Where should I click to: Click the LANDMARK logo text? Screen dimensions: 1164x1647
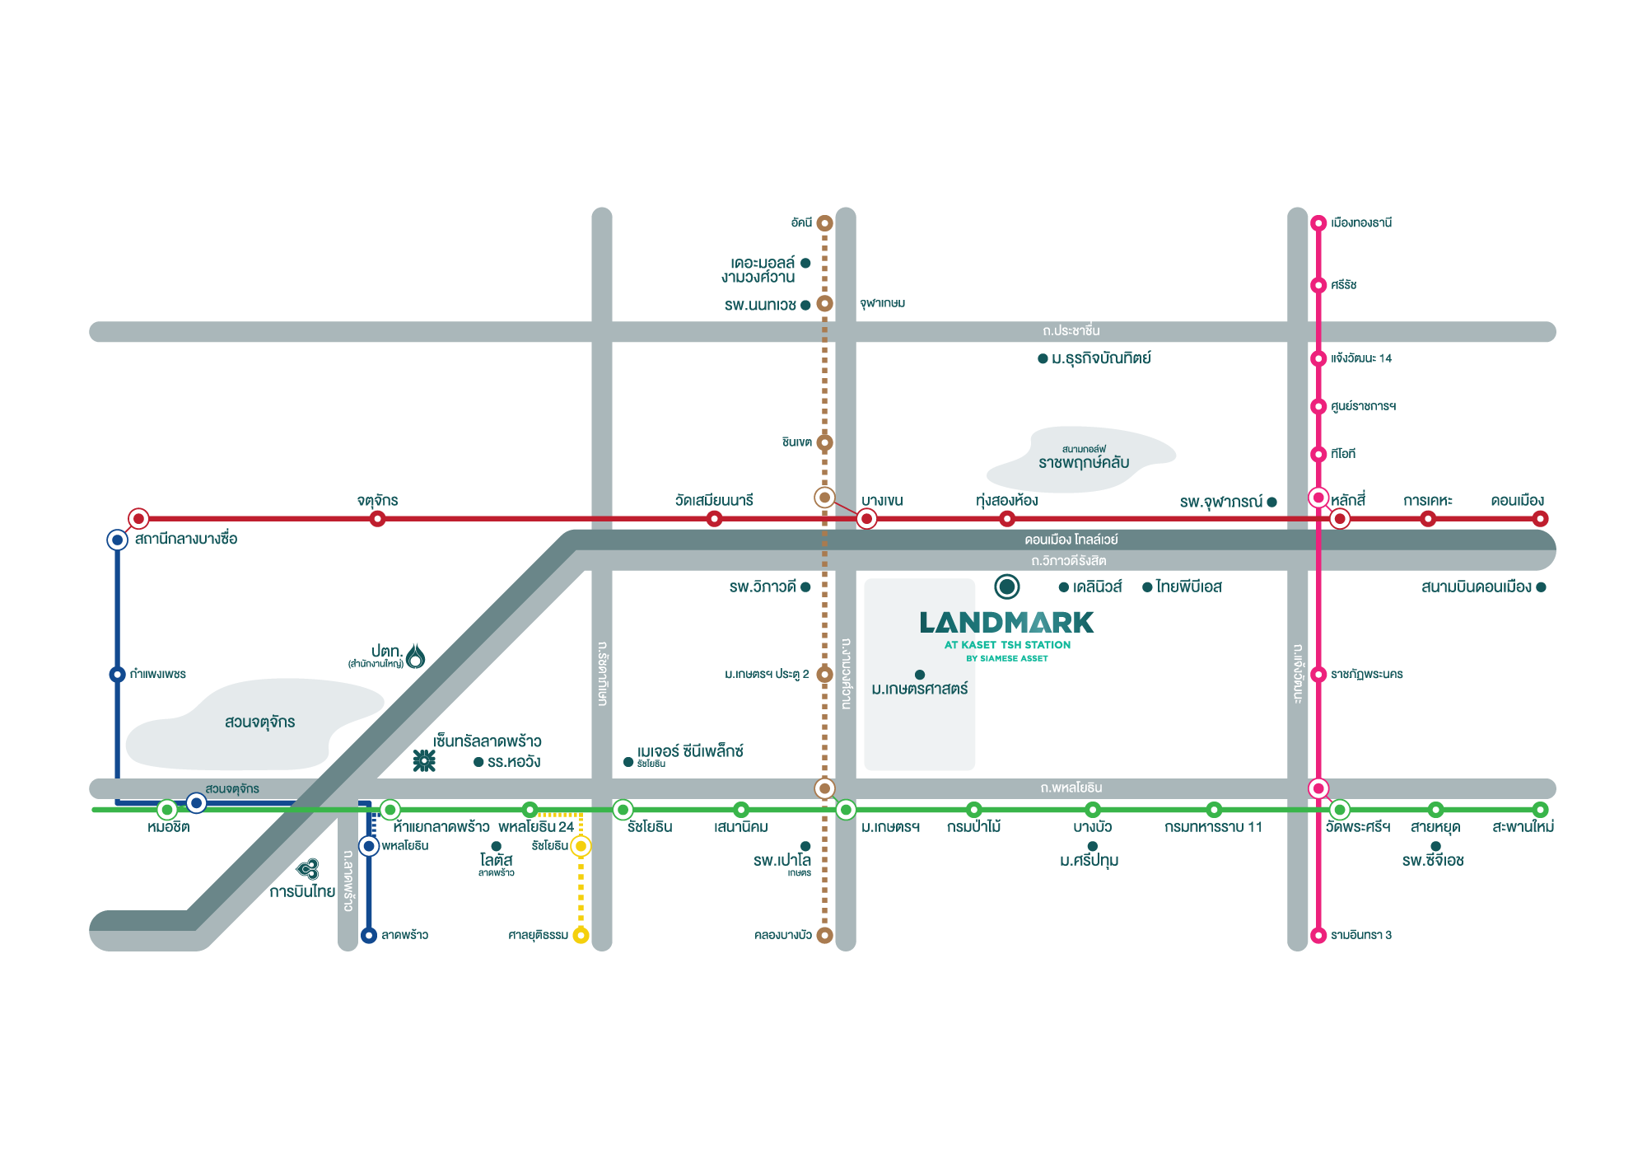[1006, 623]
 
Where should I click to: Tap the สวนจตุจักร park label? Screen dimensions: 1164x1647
[259, 722]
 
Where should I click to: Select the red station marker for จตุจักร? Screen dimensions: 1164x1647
[377, 519]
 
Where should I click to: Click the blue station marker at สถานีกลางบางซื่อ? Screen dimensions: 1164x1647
[117, 540]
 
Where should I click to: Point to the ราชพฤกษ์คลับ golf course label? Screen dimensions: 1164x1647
[1084, 462]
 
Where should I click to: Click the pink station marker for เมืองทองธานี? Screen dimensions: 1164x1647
[1318, 222]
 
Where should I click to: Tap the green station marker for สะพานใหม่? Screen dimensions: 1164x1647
[1540, 810]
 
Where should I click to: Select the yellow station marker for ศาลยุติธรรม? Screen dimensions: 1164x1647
[581, 935]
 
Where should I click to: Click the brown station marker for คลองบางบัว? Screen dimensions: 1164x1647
[824, 935]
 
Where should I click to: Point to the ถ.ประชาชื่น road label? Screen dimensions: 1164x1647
[1071, 331]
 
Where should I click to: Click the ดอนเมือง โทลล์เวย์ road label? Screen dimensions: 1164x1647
[1071, 540]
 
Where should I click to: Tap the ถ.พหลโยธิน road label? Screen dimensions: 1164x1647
[1071, 788]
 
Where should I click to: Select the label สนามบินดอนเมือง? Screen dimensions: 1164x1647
[1476, 587]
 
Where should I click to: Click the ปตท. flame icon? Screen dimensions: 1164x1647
[416, 656]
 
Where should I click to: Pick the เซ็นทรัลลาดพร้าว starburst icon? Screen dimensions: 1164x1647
[424, 760]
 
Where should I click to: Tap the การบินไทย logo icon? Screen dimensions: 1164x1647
[308, 869]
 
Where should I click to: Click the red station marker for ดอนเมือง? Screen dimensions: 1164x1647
[1540, 519]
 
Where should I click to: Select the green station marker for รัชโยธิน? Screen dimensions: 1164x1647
[623, 810]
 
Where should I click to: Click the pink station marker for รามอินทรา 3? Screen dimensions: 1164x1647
[1318, 935]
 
